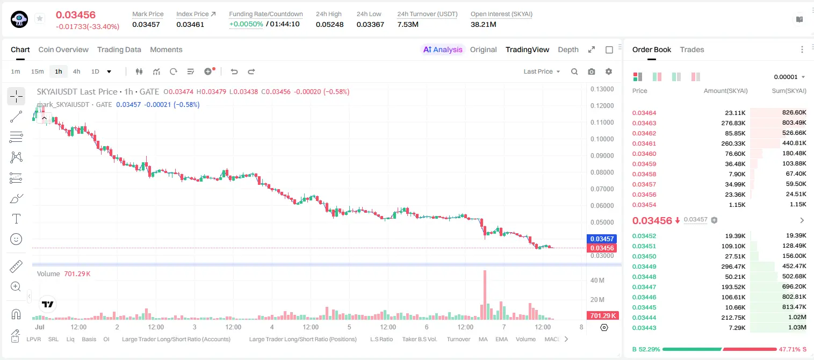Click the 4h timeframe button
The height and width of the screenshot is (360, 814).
pyautogui.click(x=76, y=71)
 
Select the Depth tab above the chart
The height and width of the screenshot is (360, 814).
pyautogui.click(x=568, y=49)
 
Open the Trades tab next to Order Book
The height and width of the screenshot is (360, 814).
pyautogui.click(x=692, y=49)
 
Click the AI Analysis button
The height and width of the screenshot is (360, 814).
pyautogui.click(x=443, y=49)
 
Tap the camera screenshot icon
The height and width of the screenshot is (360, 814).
pyautogui.click(x=592, y=71)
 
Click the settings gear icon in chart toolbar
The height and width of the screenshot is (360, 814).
pyautogui.click(x=609, y=71)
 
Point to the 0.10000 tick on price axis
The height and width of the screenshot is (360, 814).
pyautogui.click(x=602, y=139)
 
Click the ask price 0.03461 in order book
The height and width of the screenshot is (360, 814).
pyautogui.click(x=644, y=143)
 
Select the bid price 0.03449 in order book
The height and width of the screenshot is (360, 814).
pyautogui.click(x=644, y=267)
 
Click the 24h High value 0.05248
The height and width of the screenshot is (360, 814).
pyautogui.click(x=329, y=24)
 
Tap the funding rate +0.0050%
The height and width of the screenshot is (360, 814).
pyautogui.click(x=246, y=24)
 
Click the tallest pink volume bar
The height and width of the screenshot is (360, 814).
pyautogui.click(x=485, y=295)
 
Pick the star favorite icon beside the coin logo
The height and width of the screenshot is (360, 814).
pyautogui.click(x=40, y=18)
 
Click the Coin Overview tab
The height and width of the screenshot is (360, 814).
pyautogui.click(x=63, y=49)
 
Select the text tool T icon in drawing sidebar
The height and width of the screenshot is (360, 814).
pyautogui.click(x=16, y=219)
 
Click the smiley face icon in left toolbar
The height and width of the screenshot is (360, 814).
pyautogui.click(x=16, y=239)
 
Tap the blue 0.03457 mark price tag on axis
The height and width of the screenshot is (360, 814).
pyautogui.click(x=602, y=239)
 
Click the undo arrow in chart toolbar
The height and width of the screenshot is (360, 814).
pyautogui.click(x=234, y=71)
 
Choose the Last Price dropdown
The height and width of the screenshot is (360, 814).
pyautogui.click(x=542, y=71)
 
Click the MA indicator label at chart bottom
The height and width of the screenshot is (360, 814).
pyautogui.click(x=483, y=339)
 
